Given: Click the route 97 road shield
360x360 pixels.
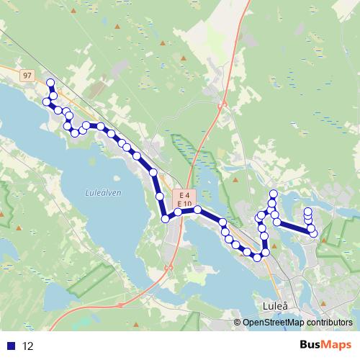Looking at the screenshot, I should coord(27,75).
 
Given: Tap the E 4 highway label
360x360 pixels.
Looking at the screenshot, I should coord(184,195).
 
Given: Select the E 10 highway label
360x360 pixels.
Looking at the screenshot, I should coord(184,204).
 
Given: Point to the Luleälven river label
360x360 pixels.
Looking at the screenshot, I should coord(103,192).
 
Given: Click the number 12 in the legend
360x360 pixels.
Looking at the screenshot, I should coord(28,346).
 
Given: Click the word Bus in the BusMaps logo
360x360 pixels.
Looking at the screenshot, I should coord(310,345).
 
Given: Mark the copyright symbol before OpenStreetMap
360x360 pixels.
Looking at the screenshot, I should coord(238,323).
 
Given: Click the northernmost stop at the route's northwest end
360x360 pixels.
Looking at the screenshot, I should coord(50,83).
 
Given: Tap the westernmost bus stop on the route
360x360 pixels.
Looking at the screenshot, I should coord(47,102).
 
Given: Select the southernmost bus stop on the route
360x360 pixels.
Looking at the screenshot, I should coord(256,257).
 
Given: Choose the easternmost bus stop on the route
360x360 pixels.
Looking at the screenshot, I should coord(313,233).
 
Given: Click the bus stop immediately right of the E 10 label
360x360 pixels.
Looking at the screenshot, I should coord(197,209).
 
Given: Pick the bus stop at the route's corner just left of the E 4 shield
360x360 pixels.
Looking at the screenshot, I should coord(165,218).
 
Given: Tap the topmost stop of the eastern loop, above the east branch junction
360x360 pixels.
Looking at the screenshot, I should coord(274,194).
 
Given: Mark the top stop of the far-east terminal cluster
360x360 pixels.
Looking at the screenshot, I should coord(308,211).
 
